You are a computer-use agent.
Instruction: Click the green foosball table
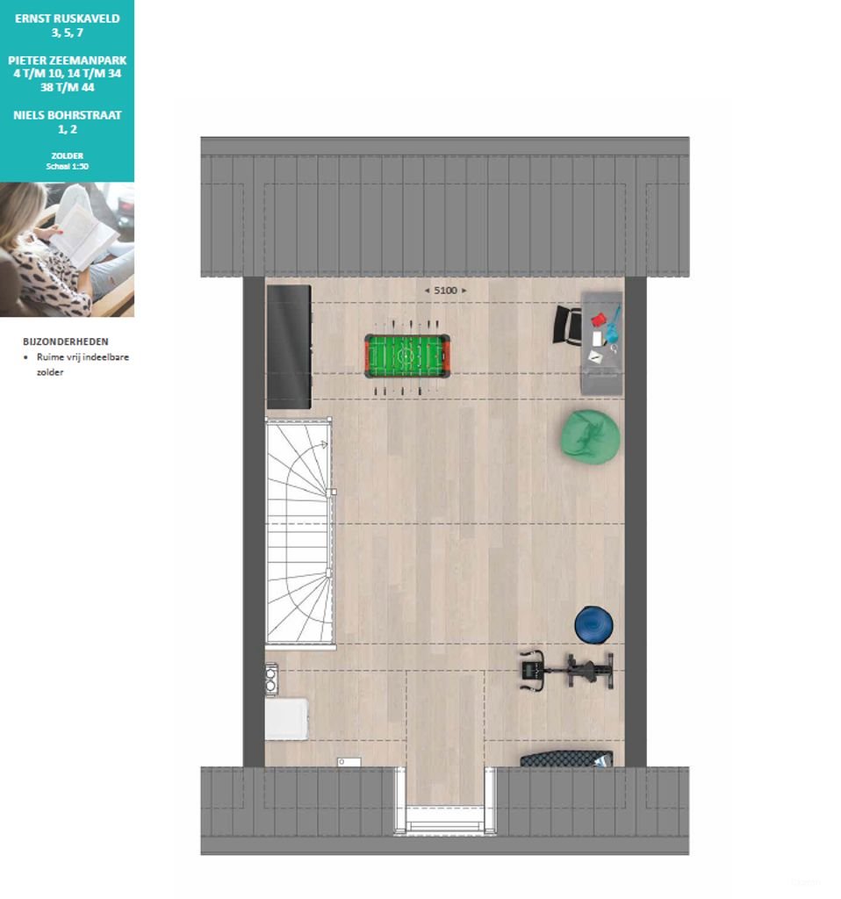point(407,356)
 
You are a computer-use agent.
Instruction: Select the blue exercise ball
point(594,624)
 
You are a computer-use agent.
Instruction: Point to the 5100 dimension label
point(445,291)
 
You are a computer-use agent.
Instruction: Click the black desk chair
point(567,325)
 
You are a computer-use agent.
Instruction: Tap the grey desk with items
point(601,343)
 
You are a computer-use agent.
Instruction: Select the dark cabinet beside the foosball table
point(289,347)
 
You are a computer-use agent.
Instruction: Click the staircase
point(299,532)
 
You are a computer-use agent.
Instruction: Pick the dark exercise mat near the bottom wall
point(566,759)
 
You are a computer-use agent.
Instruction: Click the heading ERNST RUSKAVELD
point(67,18)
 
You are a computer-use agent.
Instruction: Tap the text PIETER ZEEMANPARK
point(67,61)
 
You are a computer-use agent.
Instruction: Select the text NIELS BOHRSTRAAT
point(67,115)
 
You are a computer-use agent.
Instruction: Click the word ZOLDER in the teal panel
point(67,156)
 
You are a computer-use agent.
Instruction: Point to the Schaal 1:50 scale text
point(67,166)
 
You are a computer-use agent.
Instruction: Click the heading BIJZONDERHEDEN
point(65,342)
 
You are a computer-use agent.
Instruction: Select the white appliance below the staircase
point(286,718)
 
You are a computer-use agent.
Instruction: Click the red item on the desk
point(599,319)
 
